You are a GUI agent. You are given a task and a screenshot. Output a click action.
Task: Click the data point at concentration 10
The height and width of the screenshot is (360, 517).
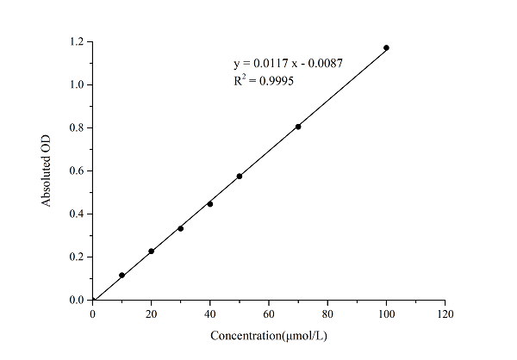coord(121,276)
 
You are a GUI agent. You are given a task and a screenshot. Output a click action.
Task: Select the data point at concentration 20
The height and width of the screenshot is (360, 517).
coord(152,251)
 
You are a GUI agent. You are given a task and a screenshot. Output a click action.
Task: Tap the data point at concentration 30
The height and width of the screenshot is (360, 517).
coord(180,228)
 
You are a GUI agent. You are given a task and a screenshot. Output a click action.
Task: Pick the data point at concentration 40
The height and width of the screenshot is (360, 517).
coord(210,204)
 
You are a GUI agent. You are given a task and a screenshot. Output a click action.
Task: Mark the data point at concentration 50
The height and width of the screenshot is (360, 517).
coord(239,177)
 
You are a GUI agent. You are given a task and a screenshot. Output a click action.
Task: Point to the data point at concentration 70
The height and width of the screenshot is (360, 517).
coord(298,127)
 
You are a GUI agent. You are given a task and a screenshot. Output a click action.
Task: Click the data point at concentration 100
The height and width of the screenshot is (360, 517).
coord(386,47)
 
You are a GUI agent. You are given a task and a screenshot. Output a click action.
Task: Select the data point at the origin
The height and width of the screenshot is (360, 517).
coord(93,300)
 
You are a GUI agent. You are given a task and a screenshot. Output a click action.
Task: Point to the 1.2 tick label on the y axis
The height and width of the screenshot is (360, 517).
coord(78,41)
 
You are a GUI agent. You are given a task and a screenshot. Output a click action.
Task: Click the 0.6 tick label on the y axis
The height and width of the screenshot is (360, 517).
coord(78,171)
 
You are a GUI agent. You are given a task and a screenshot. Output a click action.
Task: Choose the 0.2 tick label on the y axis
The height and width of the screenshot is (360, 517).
coord(78,257)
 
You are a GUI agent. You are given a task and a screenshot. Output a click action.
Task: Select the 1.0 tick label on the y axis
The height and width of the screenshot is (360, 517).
coord(78,84)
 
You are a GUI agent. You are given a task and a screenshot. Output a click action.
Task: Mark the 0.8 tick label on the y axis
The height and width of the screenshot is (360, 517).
coord(78,127)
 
